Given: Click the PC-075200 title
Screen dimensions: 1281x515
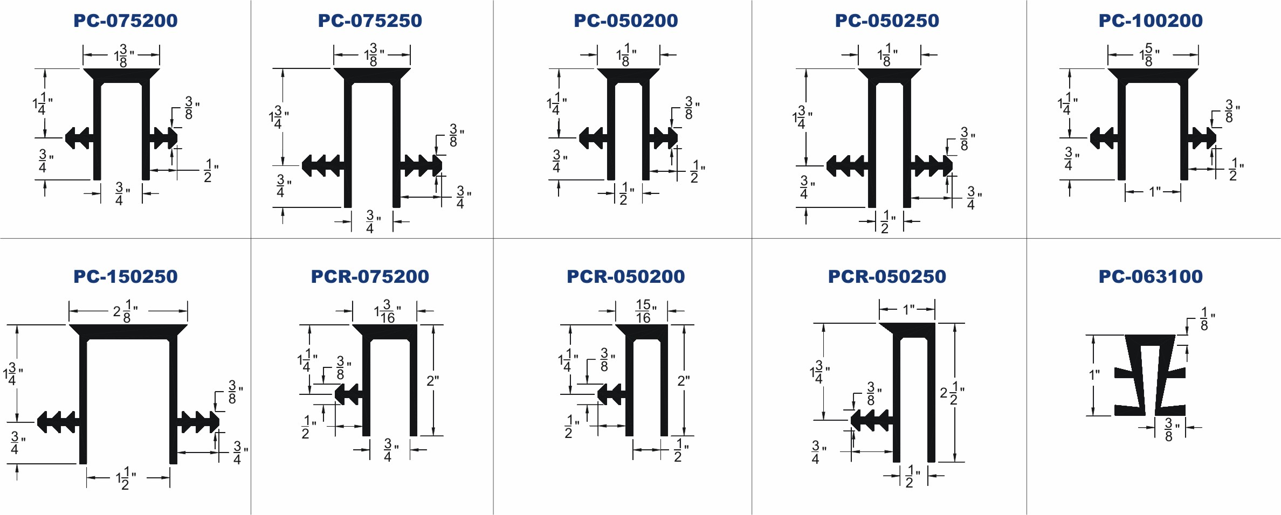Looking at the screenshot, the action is (x=126, y=20).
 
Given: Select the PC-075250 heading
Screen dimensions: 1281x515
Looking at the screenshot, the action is (x=370, y=20).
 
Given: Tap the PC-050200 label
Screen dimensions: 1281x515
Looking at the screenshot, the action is (x=626, y=20).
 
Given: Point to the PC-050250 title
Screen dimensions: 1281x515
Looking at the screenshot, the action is (x=887, y=20).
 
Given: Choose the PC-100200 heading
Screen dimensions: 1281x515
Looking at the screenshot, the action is (x=1151, y=20).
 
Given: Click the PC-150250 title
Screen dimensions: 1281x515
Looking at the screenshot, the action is (x=126, y=276).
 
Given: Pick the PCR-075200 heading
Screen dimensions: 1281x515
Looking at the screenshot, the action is (x=370, y=276).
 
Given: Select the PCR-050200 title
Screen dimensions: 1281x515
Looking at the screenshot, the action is (x=626, y=276).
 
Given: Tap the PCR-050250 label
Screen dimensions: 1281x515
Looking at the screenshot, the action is (x=887, y=276).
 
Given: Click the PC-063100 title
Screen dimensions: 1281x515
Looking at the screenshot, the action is (x=1151, y=276).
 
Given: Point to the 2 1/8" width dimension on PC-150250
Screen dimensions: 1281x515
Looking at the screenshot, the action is (x=126, y=311).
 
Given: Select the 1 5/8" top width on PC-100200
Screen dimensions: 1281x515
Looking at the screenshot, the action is (x=1149, y=55).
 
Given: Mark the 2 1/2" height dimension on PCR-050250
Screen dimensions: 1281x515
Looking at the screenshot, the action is (x=952, y=393).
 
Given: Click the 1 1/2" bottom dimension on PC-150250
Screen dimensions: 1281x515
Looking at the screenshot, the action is (x=126, y=478).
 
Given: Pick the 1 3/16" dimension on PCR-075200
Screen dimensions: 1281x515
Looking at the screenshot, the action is (x=388, y=311).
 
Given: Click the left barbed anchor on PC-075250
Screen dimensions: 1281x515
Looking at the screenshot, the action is (x=322, y=165).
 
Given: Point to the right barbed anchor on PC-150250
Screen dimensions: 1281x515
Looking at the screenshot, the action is (x=198, y=422).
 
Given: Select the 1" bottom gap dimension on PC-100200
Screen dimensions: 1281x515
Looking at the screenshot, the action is (x=1154, y=192).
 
